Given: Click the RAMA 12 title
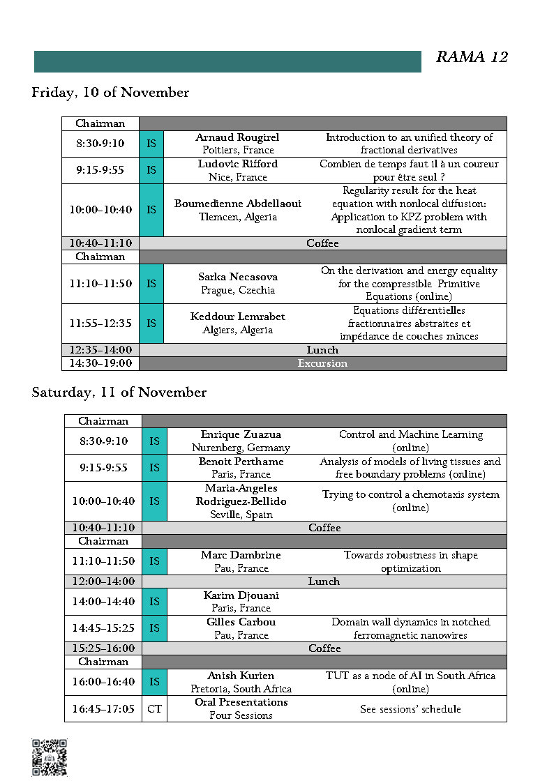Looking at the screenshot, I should tap(472, 57).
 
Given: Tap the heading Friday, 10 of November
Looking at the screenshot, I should tap(110, 93).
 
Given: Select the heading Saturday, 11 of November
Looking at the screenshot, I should tap(119, 393).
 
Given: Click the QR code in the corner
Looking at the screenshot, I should tap(50, 757).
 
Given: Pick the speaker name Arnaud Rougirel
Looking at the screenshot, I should tap(238, 137).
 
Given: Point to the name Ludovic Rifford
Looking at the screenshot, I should tap(238, 164).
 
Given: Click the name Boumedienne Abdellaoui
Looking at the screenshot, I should tap(238, 204).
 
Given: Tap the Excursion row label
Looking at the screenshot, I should tap(322, 363).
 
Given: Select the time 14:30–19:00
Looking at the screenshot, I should tap(100, 363).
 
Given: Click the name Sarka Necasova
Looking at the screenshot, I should tap(238, 277).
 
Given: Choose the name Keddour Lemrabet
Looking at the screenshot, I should tap(238, 317).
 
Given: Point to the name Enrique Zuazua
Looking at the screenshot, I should tap(241, 434).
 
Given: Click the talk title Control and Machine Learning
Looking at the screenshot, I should tap(410, 434).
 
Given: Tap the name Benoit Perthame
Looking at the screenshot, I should tap(241, 462).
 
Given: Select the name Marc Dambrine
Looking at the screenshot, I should tap(241, 555).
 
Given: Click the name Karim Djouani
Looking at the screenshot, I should tap(241, 595).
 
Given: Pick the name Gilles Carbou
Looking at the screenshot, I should tap(241, 622).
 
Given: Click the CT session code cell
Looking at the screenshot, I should tap(154, 709).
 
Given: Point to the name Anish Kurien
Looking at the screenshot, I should tap(241, 676).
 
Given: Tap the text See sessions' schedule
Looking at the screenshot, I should tap(410, 709).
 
